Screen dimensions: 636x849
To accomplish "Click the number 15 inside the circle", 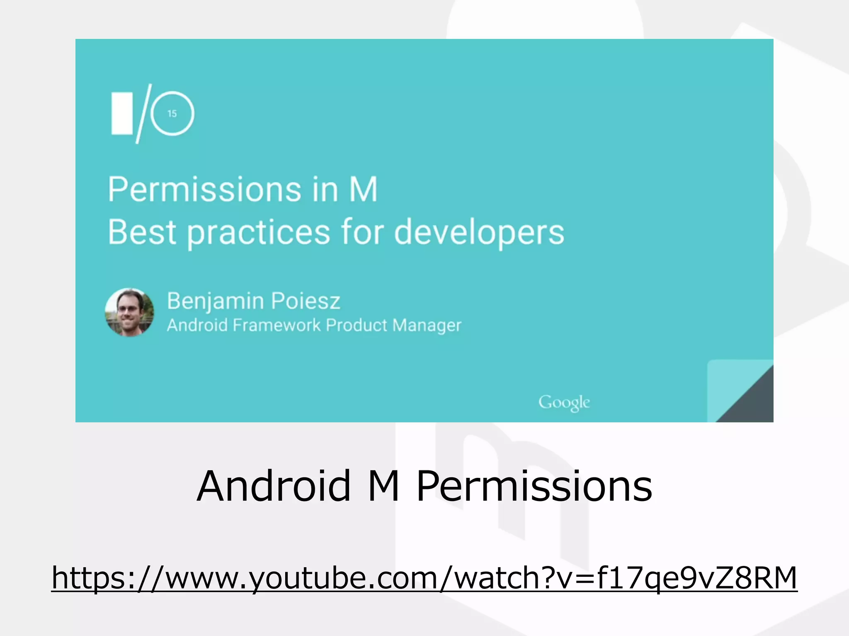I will (172, 113).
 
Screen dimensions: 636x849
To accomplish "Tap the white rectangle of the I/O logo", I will (122, 113).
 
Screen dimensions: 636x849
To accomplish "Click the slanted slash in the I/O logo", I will (143, 113).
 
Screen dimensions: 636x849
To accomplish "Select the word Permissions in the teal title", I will (204, 189).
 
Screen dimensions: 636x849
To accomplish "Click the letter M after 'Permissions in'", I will (363, 189).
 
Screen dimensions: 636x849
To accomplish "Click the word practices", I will (259, 233).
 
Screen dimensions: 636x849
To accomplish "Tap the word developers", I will (479, 233).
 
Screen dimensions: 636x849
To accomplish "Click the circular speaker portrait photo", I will (129, 312).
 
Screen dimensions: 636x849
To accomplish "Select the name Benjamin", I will (215, 301).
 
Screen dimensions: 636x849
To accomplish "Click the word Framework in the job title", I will (277, 325).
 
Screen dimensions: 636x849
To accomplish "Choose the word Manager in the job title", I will (427, 325).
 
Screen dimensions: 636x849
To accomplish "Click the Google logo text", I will (564, 402).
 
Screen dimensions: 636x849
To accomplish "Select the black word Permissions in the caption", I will (534, 487).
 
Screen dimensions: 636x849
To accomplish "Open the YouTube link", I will (424, 578).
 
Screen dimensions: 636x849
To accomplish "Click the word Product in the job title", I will (356, 325).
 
